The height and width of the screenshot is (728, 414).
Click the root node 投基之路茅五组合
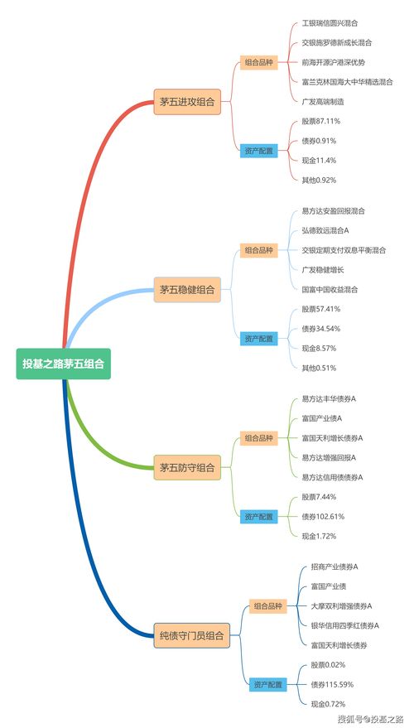pyautogui.click(x=63, y=363)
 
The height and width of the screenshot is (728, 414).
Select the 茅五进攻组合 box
pyautogui.click(x=186, y=102)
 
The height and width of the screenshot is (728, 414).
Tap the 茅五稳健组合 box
pyautogui.click(x=186, y=289)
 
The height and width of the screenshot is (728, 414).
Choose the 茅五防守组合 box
pyautogui.click(x=186, y=468)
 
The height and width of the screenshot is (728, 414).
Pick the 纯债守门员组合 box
pyautogui.click(x=191, y=635)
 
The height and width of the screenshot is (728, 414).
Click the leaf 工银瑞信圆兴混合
pyautogui.click(x=330, y=23)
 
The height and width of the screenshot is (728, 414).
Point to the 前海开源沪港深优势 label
pyautogui.click(x=333, y=62)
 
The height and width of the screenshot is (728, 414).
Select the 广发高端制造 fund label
pyautogui.click(x=323, y=101)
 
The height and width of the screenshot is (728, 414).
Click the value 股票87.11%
pyautogui.click(x=321, y=121)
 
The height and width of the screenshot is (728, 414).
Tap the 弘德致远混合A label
pyautogui.click(x=325, y=230)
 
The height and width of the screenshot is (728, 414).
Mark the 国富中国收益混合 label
pyautogui.click(x=330, y=289)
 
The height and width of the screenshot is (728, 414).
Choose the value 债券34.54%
pyautogui.click(x=321, y=329)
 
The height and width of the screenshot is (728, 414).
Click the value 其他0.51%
pyautogui.click(x=319, y=368)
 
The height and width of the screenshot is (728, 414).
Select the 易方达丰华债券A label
pyautogui.click(x=329, y=398)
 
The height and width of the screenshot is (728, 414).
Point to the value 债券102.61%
pyautogui.click(x=323, y=516)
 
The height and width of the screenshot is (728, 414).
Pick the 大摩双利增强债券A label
pyautogui.click(x=341, y=605)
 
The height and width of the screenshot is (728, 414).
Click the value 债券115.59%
pyautogui.click(x=332, y=684)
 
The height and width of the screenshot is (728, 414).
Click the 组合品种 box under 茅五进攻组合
pyautogui.click(x=258, y=62)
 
